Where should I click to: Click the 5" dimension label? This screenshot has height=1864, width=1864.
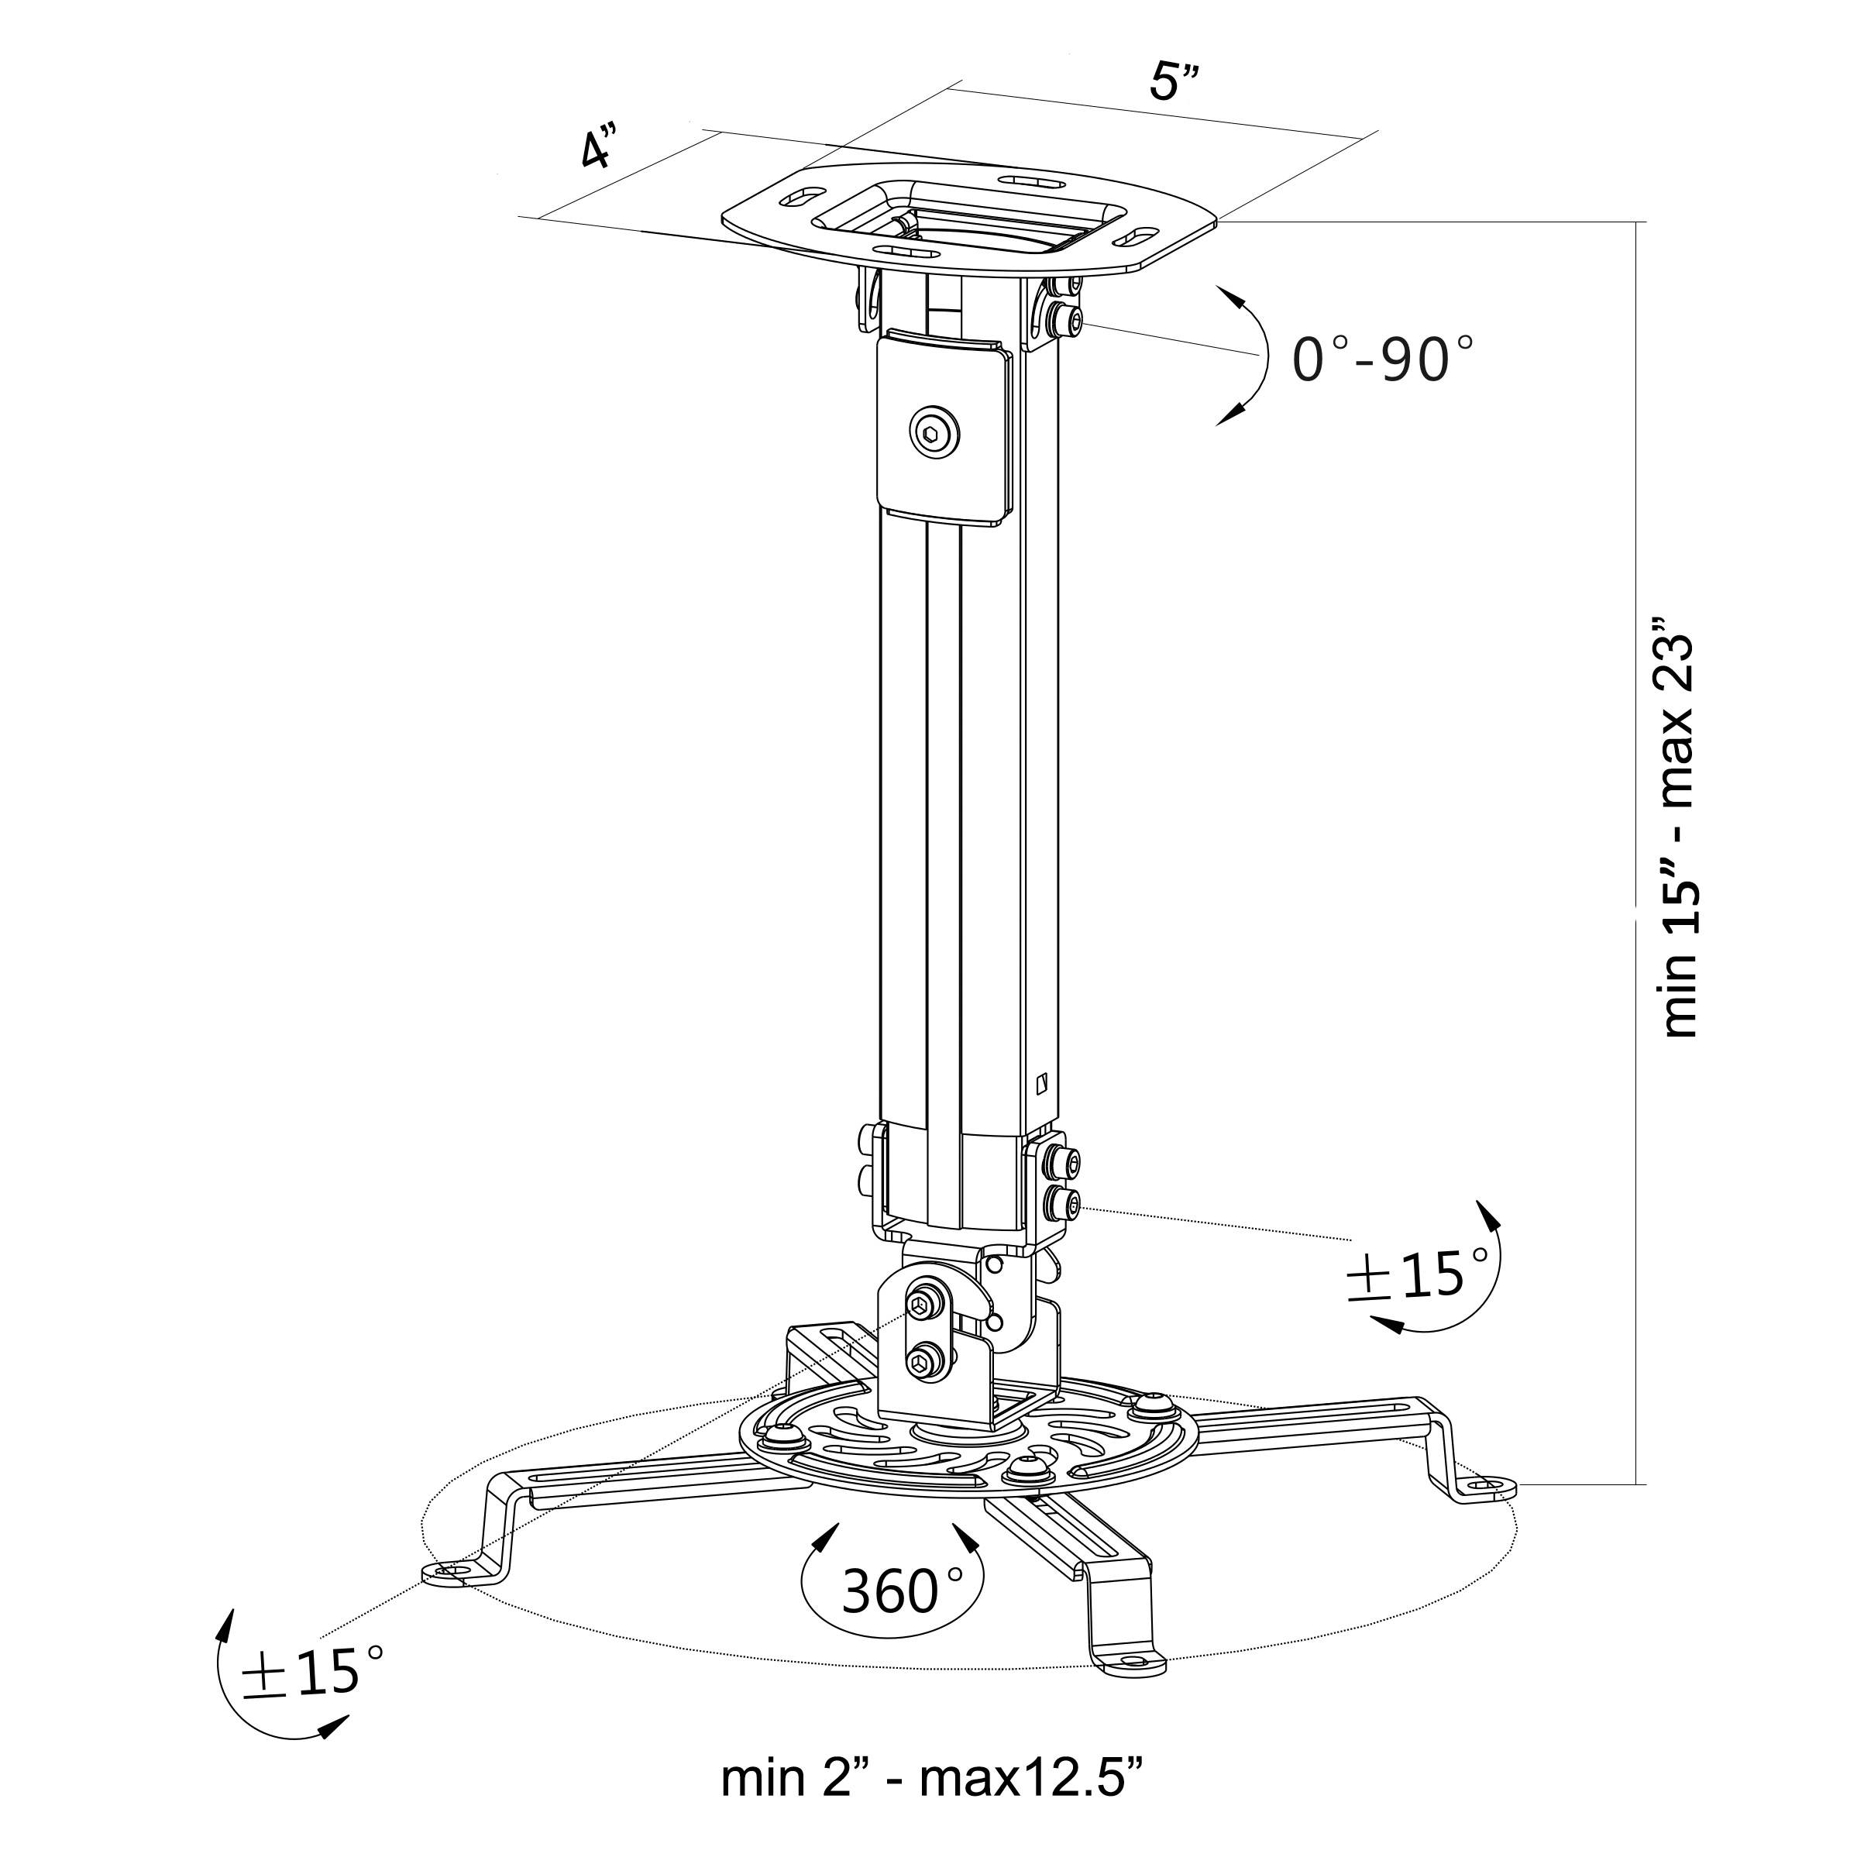click(1174, 82)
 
